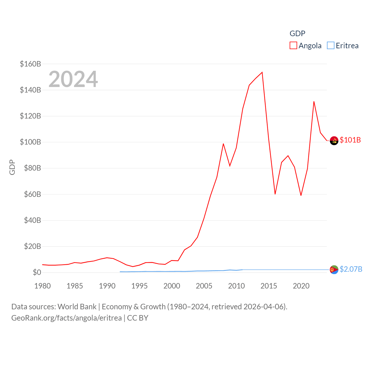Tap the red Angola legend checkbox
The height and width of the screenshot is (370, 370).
[x=293, y=46]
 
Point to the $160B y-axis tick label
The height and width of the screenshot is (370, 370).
[x=30, y=64]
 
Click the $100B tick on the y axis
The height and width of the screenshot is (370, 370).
[x=30, y=142]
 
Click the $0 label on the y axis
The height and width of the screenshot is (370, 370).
[x=37, y=272]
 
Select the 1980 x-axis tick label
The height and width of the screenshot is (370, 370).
[x=42, y=286]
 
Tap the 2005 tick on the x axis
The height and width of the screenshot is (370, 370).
[x=204, y=286]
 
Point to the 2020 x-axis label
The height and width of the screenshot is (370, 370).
[x=301, y=286]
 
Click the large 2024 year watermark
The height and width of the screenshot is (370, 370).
[x=73, y=79]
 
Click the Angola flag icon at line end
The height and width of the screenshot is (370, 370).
[x=334, y=140]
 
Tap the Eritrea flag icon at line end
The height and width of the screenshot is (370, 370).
[x=334, y=270]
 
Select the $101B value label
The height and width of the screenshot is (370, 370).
[x=350, y=140]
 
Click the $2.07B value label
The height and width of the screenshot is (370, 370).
[x=351, y=269]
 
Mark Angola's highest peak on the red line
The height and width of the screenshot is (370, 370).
[x=262, y=72]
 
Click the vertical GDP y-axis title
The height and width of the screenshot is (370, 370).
[x=12, y=167]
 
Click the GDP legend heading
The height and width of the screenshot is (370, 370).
[x=297, y=34]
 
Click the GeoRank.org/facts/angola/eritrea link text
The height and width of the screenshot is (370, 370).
[x=66, y=318]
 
